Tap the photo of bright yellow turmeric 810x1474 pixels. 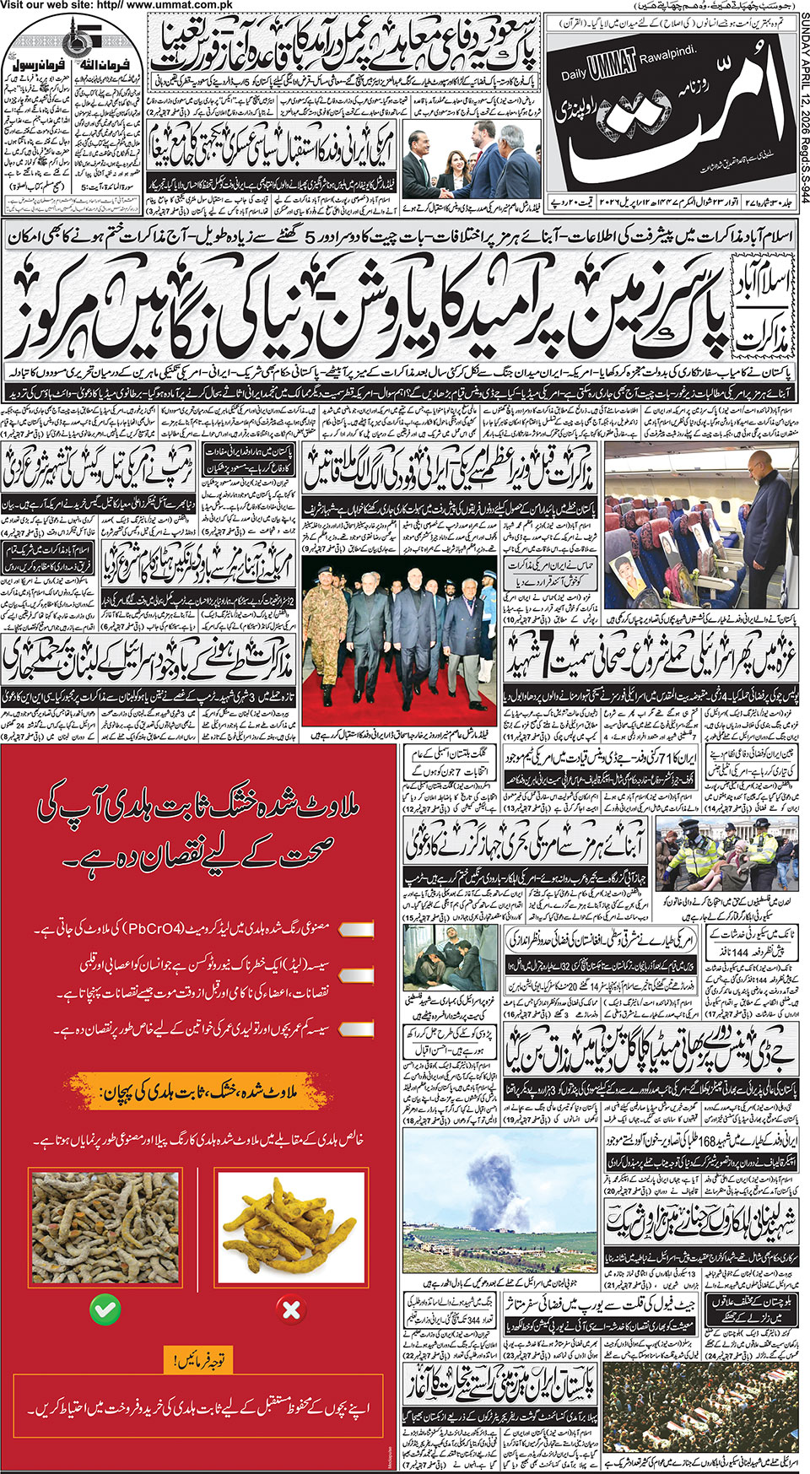click(x=290, y=1228)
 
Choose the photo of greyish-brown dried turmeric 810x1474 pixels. click(x=105, y=1228)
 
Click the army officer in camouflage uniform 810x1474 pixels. click(x=325, y=616)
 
